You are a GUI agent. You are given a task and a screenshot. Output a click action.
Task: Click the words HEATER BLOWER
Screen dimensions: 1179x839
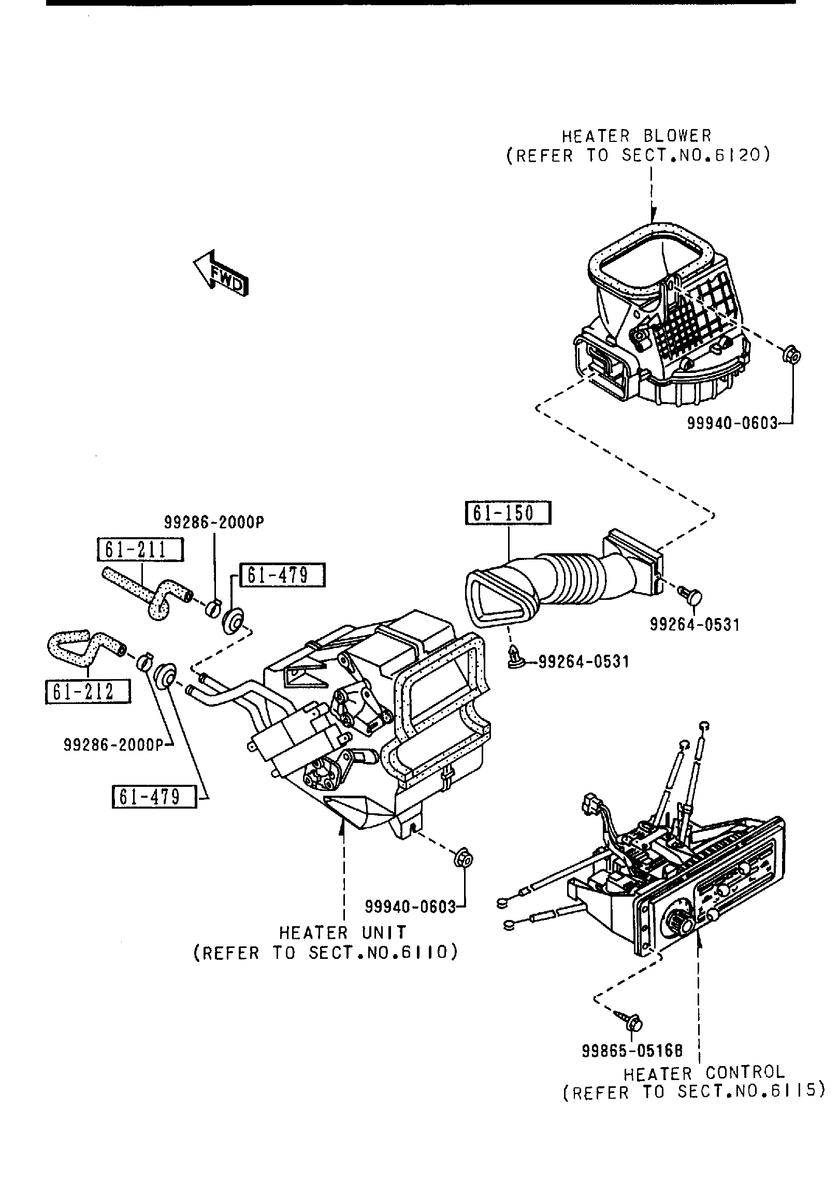[637, 136]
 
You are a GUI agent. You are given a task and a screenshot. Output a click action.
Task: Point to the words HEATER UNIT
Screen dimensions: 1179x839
[343, 933]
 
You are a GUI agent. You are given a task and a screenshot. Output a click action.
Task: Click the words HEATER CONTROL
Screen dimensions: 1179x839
[704, 1072]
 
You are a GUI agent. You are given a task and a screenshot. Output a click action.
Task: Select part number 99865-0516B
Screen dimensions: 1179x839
[632, 1051]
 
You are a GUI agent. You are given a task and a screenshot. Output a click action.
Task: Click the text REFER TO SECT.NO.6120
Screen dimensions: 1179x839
[638, 155]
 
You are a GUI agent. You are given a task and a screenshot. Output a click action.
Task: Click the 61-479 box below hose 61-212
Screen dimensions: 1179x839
[154, 812]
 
